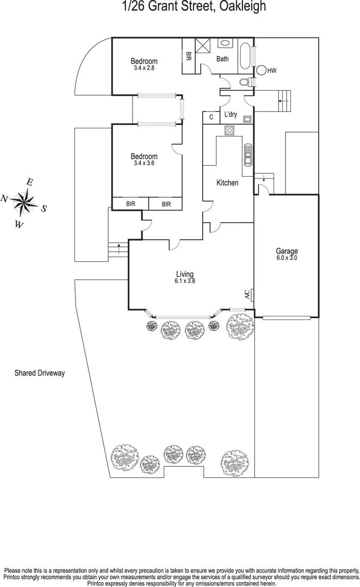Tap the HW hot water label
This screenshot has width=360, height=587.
pos(272,70)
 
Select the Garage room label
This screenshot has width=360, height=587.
pos(287,251)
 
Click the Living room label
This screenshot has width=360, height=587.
pos(184,274)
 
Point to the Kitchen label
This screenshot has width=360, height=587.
pos(227,183)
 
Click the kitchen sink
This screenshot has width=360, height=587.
pos(248,156)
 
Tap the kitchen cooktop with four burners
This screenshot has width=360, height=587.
pos(229,130)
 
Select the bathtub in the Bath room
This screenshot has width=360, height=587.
pos(245,56)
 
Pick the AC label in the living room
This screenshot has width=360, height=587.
pos(247,295)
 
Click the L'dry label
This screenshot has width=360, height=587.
pos(231,114)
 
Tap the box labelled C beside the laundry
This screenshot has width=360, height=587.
pos(210,117)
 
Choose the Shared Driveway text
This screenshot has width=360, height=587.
pos(40,373)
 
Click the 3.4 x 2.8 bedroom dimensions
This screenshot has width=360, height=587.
pos(144,68)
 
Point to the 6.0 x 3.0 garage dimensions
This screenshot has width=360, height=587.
pos(287,259)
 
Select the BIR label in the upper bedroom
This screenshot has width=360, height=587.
pos(189,56)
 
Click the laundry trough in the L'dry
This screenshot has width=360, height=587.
pos(247,118)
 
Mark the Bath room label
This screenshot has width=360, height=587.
pos(222,59)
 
